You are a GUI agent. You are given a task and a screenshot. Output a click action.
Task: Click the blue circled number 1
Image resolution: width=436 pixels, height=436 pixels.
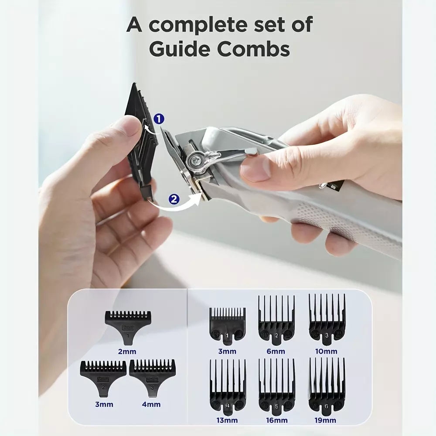pyautogui.click(x=159, y=119)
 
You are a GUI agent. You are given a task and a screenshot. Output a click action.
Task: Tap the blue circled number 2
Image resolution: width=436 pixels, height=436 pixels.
pyautogui.click(x=174, y=199)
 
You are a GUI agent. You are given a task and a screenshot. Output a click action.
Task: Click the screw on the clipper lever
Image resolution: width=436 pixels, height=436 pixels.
pyautogui.click(x=193, y=160)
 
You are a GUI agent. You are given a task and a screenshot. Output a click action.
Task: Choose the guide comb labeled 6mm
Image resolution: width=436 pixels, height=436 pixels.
pyautogui.click(x=276, y=320)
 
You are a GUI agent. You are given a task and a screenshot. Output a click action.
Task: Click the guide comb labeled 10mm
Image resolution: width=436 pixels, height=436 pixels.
pyautogui.click(x=327, y=320)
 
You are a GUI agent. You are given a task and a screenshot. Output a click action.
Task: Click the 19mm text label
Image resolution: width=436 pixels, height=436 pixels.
pyautogui.click(x=325, y=420)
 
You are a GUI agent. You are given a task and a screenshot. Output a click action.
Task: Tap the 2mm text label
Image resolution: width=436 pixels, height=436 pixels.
pyautogui.click(x=127, y=351)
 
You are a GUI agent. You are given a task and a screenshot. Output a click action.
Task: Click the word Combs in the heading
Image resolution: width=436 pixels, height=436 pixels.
pyautogui.click(x=253, y=49)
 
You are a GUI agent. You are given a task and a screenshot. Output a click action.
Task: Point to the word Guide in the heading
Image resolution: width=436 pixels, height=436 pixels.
pyautogui.click(x=180, y=49)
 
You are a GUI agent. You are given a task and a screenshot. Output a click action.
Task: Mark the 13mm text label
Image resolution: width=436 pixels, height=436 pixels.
pyautogui.click(x=227, y=420)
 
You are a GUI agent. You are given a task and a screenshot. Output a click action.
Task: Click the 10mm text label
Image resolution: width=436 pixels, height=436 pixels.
pyautogui.click(x=327, y=351)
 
